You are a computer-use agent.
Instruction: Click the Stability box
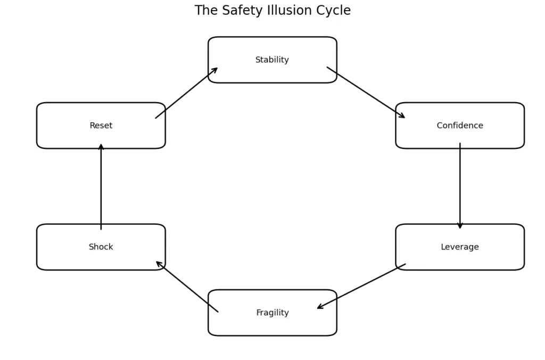coord(272,60)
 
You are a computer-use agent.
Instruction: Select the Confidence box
coord(460,125)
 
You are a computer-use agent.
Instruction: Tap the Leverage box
coord(460,247)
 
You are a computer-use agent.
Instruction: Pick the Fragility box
coord(272,313)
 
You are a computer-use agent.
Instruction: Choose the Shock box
coord(101,247)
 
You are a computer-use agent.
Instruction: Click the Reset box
coord(101,125)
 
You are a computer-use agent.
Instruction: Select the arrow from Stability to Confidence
coord(366,93)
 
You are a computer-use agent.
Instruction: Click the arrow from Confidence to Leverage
coord(460,186)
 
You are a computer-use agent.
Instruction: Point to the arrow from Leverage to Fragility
coord(361,286)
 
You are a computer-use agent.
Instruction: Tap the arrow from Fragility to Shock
coord(187,287)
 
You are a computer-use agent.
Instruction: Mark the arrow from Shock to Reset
coord(101,186)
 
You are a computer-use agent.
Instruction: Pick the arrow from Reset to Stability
coord(187,93)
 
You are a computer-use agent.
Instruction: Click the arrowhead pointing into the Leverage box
coord(460,225)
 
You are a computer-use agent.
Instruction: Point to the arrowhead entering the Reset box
coord(101,147)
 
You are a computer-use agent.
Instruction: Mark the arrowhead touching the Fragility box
coord(320,307)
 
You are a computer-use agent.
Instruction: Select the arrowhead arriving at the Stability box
coord(214,70)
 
